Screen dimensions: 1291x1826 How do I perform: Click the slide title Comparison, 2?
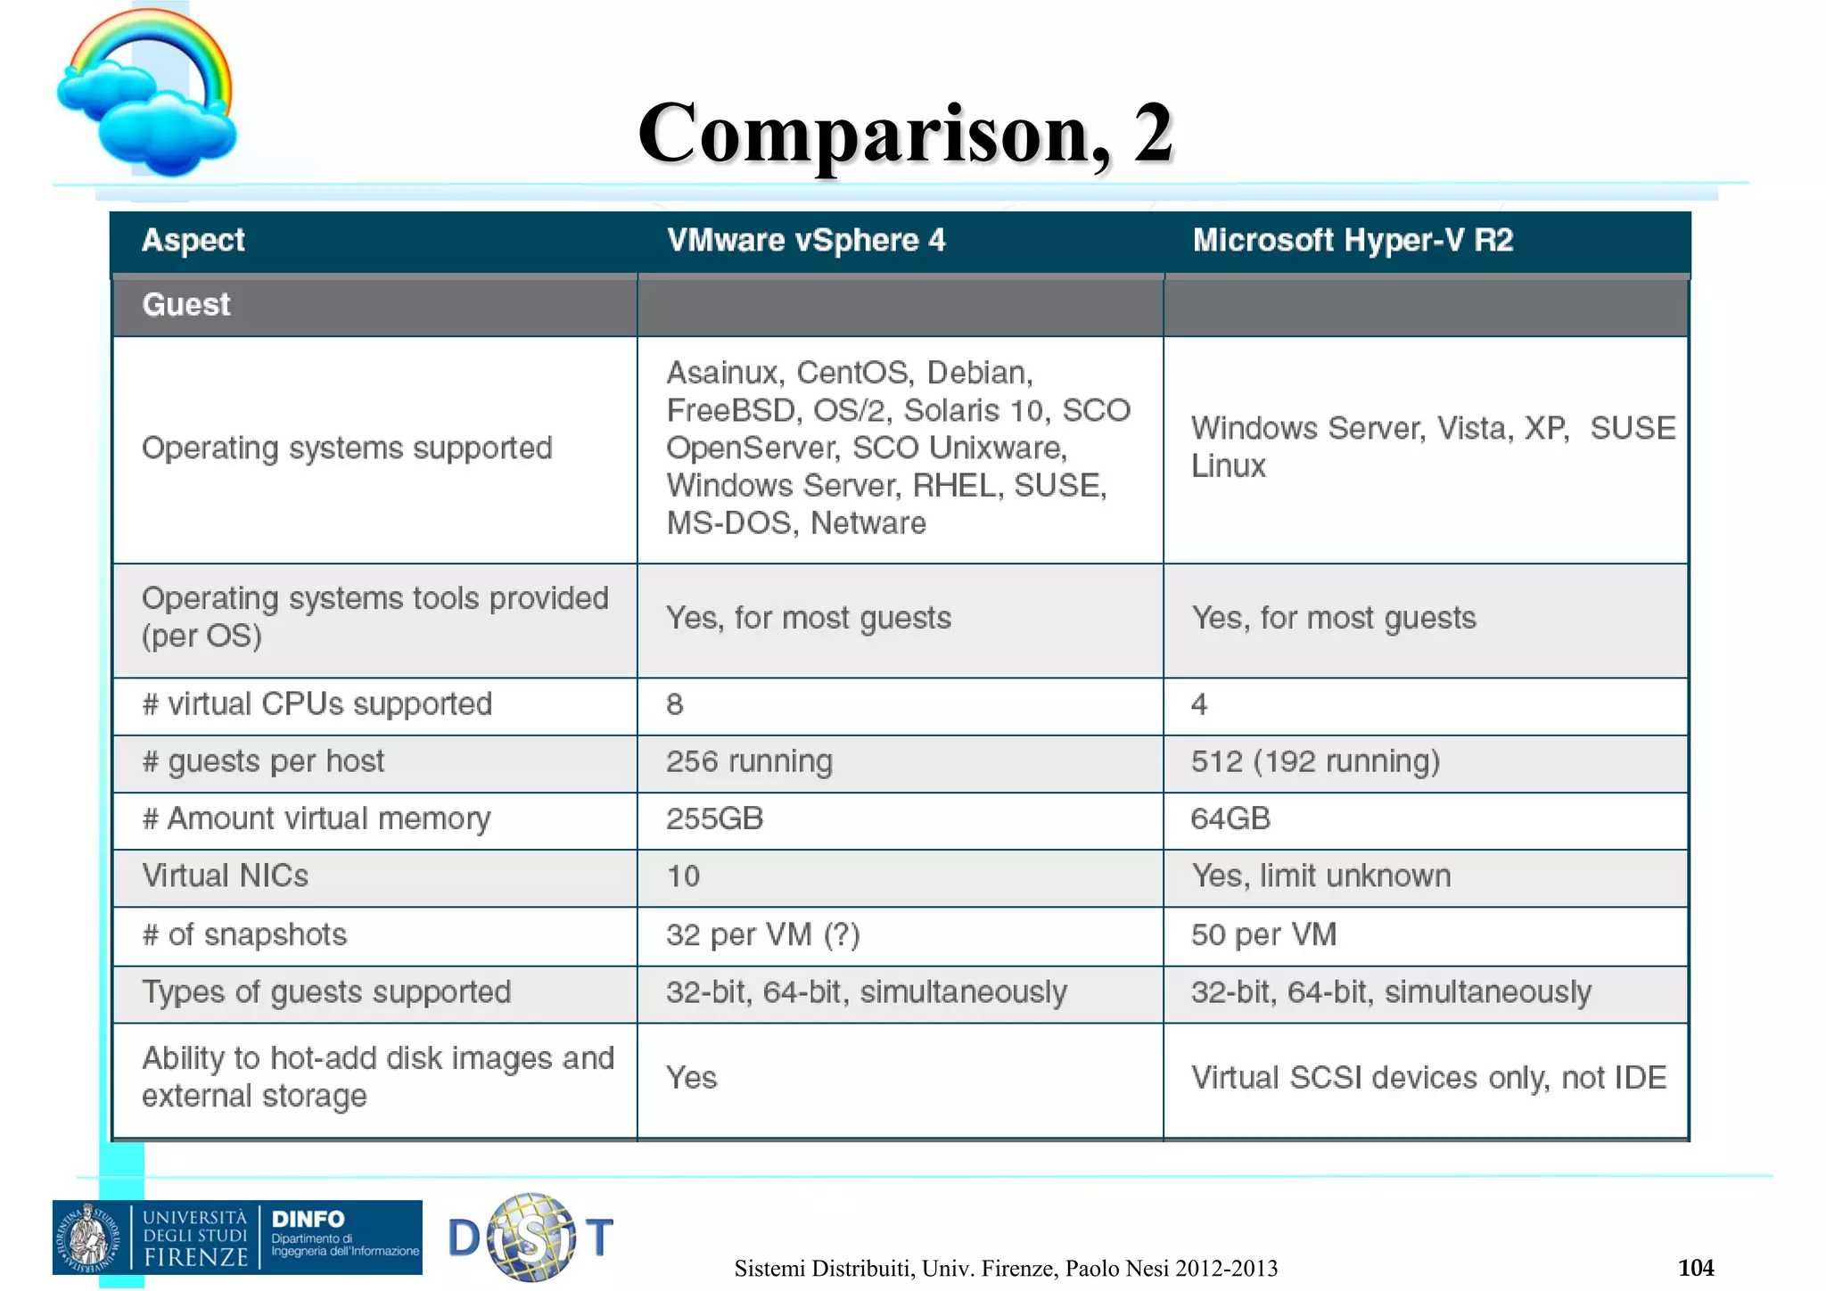click(x=905, y=134)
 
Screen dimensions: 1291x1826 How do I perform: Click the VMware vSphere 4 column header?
click(x=806, y=241)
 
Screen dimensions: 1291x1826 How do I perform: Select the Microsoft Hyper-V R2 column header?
click(x=1353, y=241)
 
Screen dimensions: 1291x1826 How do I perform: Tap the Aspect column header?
click(x=193, y=241)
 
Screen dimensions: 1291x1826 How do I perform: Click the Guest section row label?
click(x=186, y=305)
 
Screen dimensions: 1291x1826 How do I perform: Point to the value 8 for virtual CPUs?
click(x=675, y=705)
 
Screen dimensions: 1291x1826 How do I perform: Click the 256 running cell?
click(x=749, y=762)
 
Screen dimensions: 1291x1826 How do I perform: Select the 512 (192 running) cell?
click(x=1315, y=762)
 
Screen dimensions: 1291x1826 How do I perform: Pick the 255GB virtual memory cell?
click(x=714, y=819)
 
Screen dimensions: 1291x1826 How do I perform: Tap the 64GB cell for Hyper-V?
click(x=1230, y=819)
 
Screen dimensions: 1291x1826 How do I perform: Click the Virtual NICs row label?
click(x=226, y=876)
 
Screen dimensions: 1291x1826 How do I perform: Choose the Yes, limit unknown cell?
click(x=1321, y=876)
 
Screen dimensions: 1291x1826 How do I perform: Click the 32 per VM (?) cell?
click(x=762, y=935)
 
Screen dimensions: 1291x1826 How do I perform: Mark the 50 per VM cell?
click(x=1263, y=935)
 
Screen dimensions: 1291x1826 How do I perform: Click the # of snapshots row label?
click(x=244, y=935)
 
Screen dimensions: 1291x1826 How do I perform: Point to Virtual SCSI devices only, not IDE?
click(x=1428, y=1079)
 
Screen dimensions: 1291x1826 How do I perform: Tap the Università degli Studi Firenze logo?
click(x=152, y=1238)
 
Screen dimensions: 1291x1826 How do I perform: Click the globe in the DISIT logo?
click(x=531, y=1238)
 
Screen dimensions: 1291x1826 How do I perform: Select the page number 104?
click(x=1696, y=1268)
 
